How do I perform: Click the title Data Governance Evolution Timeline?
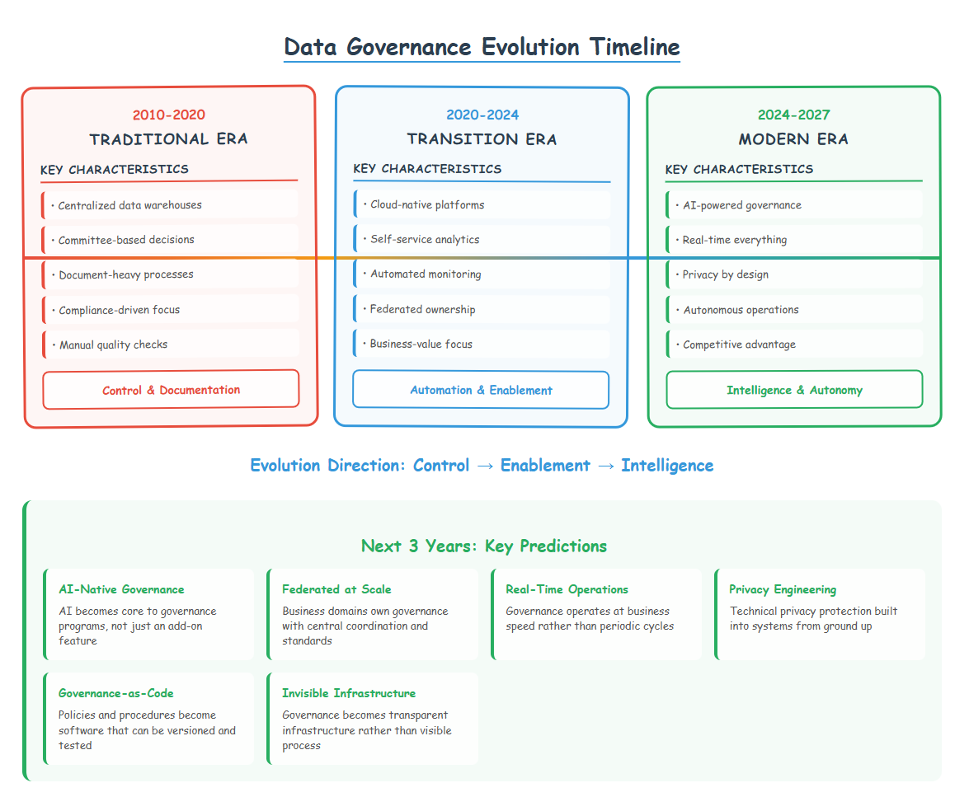[482, 47]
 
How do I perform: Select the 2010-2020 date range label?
[169, 115]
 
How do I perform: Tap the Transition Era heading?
[482, 139]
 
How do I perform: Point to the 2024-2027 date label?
[794, 115]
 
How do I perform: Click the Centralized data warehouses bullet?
[129, 205]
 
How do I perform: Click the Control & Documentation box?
[172, 390]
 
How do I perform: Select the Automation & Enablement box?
[481, 390]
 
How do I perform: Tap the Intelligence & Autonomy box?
[794, 390]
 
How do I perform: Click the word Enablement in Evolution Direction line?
[545, 465]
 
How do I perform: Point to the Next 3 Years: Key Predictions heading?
[484, 546]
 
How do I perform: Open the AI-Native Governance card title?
[121, 589]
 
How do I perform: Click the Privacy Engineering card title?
[783, 589]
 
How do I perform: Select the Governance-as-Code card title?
[116, 693]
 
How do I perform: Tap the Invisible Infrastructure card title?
[349, 693]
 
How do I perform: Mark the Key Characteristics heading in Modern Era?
[739, 169]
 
